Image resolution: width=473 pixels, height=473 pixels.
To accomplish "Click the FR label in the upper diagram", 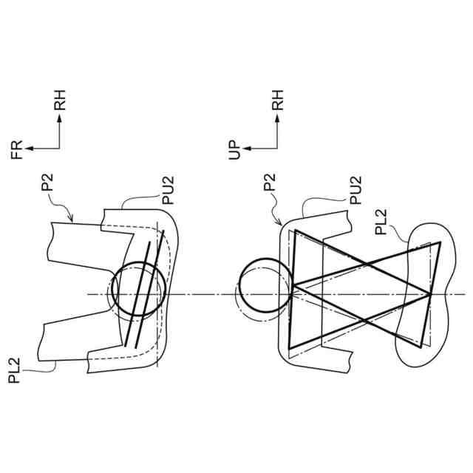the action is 18,149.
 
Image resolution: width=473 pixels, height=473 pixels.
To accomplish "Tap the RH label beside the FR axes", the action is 60,100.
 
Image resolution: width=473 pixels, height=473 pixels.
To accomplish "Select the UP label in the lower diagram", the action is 236,149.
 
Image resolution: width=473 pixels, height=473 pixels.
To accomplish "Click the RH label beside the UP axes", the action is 278,100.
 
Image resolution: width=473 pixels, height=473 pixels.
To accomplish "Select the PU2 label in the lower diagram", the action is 354,188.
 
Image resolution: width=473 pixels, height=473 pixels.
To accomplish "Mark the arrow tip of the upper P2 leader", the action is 72,220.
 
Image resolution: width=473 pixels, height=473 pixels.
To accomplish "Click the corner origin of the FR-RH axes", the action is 59,149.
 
